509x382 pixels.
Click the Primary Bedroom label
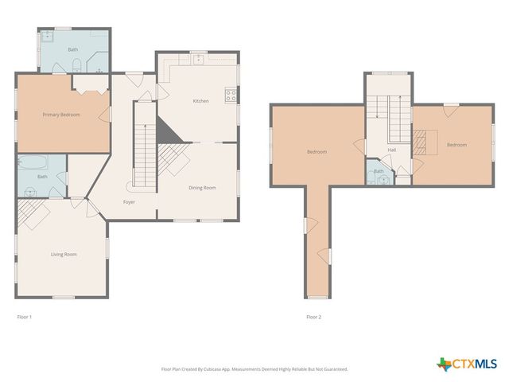point(61,115)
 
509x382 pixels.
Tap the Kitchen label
point(200,101)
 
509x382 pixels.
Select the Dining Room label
point(201,188)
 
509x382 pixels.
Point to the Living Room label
point(64,255)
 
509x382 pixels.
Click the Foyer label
point(129,202)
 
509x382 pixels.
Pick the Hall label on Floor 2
point(392,150)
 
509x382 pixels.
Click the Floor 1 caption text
point(25,317)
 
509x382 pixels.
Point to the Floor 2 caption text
point(314,317)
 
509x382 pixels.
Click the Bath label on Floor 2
point(379,171)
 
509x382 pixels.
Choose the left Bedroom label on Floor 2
point(317,151)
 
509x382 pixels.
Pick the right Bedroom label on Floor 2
point(456,145)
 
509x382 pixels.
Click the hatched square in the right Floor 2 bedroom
point(422,142)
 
